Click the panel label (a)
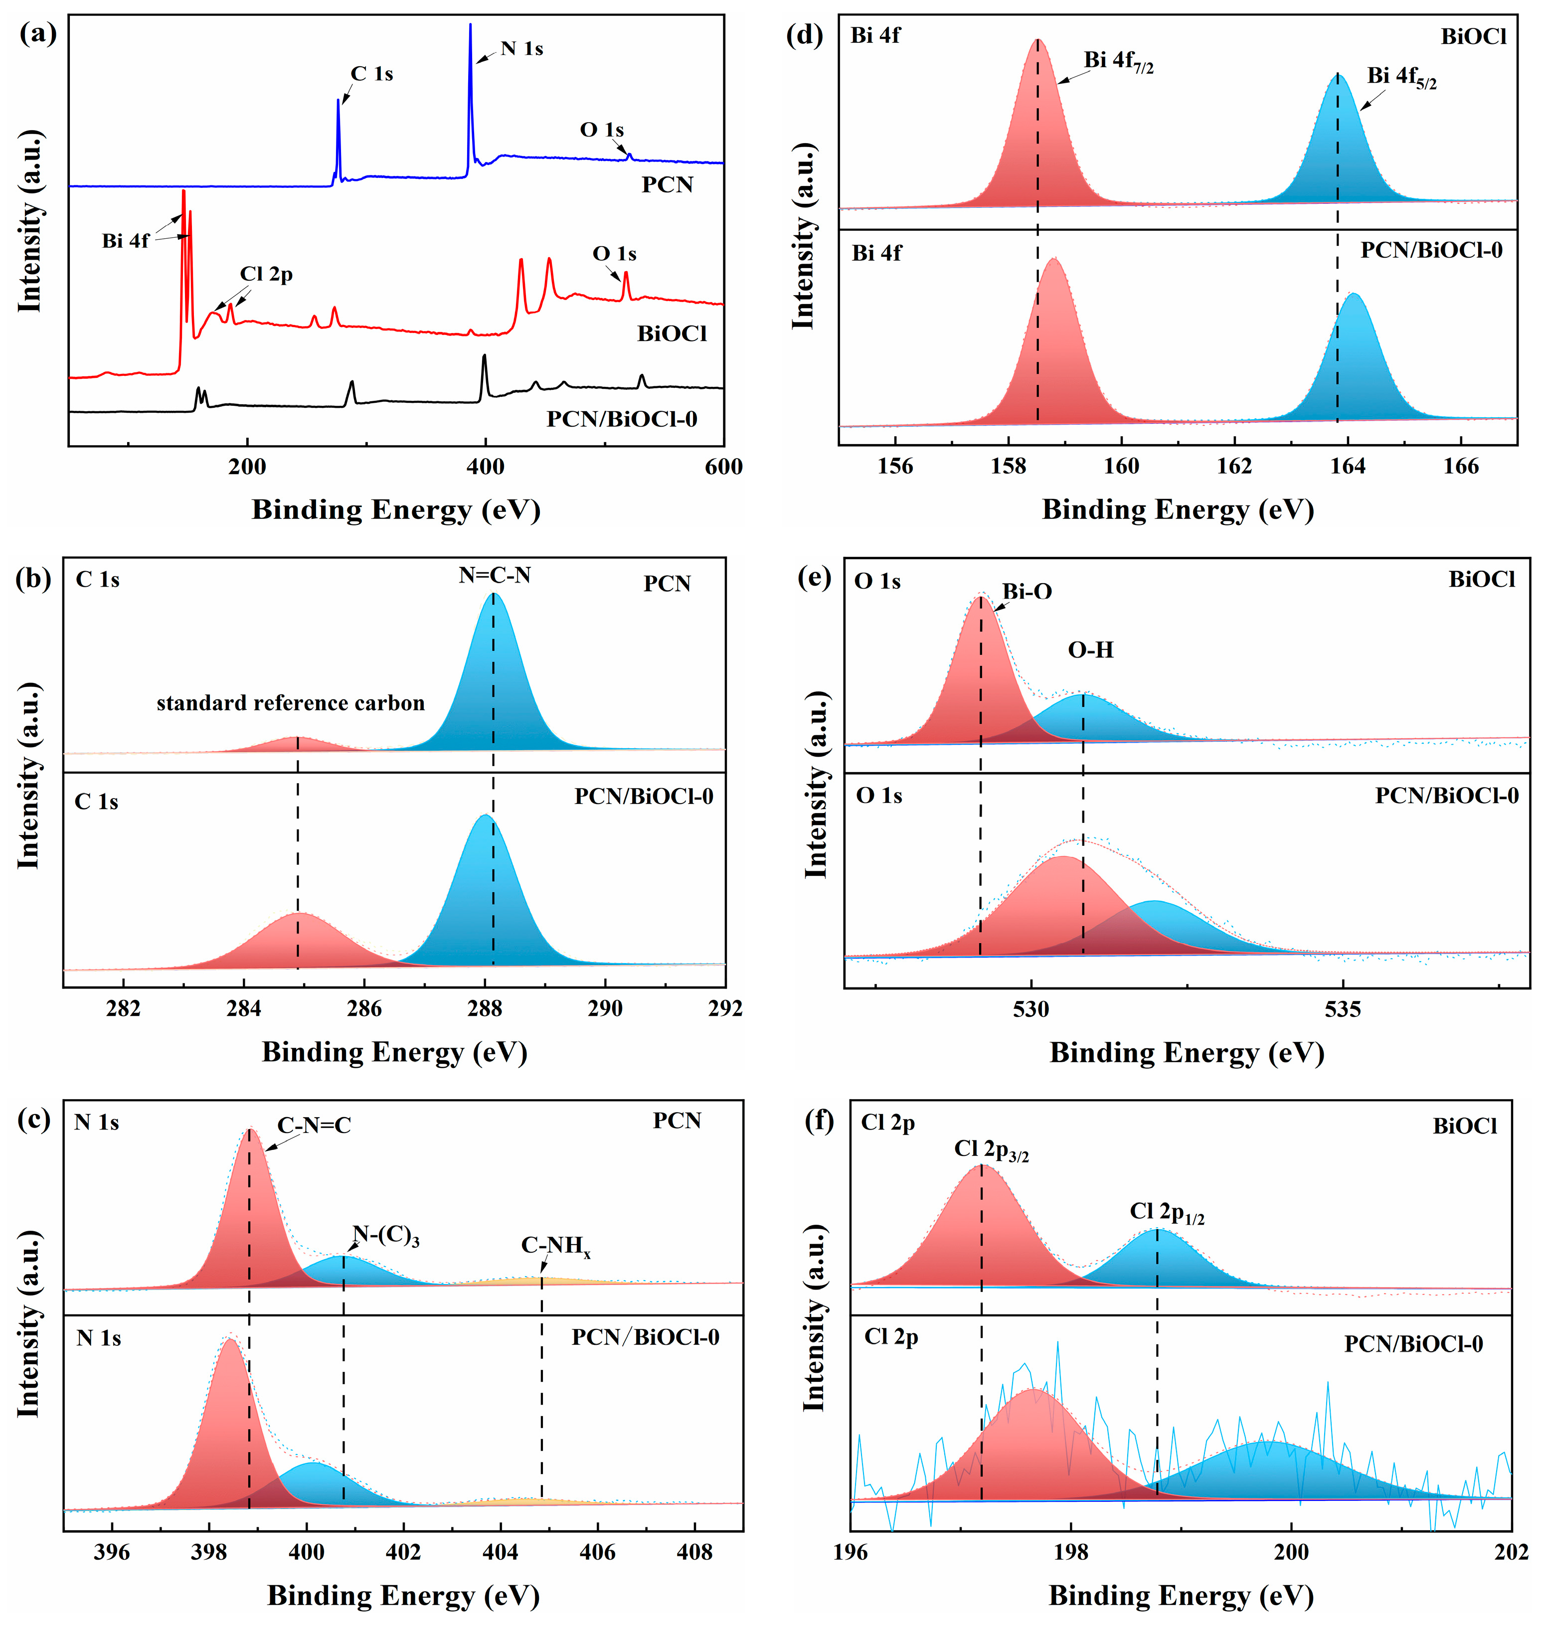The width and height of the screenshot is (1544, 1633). point(36,34)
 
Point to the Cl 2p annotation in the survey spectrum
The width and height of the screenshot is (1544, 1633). point(266,274)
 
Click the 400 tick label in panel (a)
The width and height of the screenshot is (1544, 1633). point(486,467)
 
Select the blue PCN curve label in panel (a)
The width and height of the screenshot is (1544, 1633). point(668,184)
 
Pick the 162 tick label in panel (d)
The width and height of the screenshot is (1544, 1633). point(1234,467)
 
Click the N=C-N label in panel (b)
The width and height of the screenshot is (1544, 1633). point(495,575)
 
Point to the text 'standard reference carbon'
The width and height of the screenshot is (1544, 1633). point(291,703)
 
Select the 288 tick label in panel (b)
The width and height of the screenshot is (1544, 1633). point(485,1009)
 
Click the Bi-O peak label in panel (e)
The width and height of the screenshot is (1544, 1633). point(1027,592)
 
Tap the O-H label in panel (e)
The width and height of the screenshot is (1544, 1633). point(1090,650)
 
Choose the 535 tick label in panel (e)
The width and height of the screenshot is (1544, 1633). point(1343,1009)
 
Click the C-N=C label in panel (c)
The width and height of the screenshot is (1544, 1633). point(314,1125)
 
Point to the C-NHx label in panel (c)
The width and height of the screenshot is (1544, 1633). point(555,1246)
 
